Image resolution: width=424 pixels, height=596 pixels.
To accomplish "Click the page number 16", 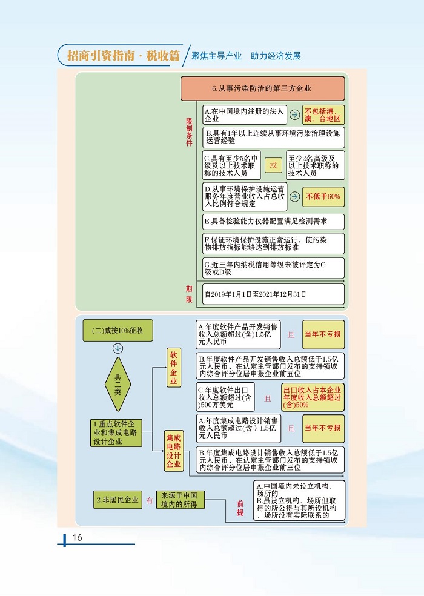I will click(x=77, y=538).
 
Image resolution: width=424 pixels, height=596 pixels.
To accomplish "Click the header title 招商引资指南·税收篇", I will click(x=124, y=56).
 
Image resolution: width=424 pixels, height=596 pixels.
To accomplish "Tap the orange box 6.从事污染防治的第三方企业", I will click(x=262, y=88).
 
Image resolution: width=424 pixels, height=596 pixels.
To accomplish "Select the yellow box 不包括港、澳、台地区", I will click(x=323, y=115).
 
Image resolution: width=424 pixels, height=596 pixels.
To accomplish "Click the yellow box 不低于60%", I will click(x=323, y=196).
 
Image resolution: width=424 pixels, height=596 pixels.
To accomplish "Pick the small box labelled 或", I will click(x=273, y=165).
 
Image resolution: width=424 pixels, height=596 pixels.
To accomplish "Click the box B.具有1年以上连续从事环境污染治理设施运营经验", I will click(x=273, y=138).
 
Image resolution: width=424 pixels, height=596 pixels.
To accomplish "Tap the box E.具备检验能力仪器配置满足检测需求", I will click(x=273, y=222).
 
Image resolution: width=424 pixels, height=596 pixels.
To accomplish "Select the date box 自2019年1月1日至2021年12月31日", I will click(x=273, y=294).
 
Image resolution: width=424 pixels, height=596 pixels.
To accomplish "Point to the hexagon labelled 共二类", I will click(x=118, y=383).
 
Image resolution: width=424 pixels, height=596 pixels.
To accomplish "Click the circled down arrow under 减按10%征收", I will click(x=118, y=348).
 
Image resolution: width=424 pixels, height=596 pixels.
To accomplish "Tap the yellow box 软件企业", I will click(x=173, y=367).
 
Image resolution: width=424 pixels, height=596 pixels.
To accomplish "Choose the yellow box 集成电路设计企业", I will click(x=173, y=451).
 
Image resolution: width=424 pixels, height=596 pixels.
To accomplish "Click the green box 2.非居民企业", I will click(x=117, y=500).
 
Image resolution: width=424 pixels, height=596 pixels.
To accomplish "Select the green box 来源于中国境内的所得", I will click(x=180, y=500).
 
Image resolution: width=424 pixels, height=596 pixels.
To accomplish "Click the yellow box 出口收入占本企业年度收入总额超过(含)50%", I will click(x=313, y=397).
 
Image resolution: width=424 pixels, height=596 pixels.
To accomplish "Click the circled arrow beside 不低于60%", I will click(x=293, y=196).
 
